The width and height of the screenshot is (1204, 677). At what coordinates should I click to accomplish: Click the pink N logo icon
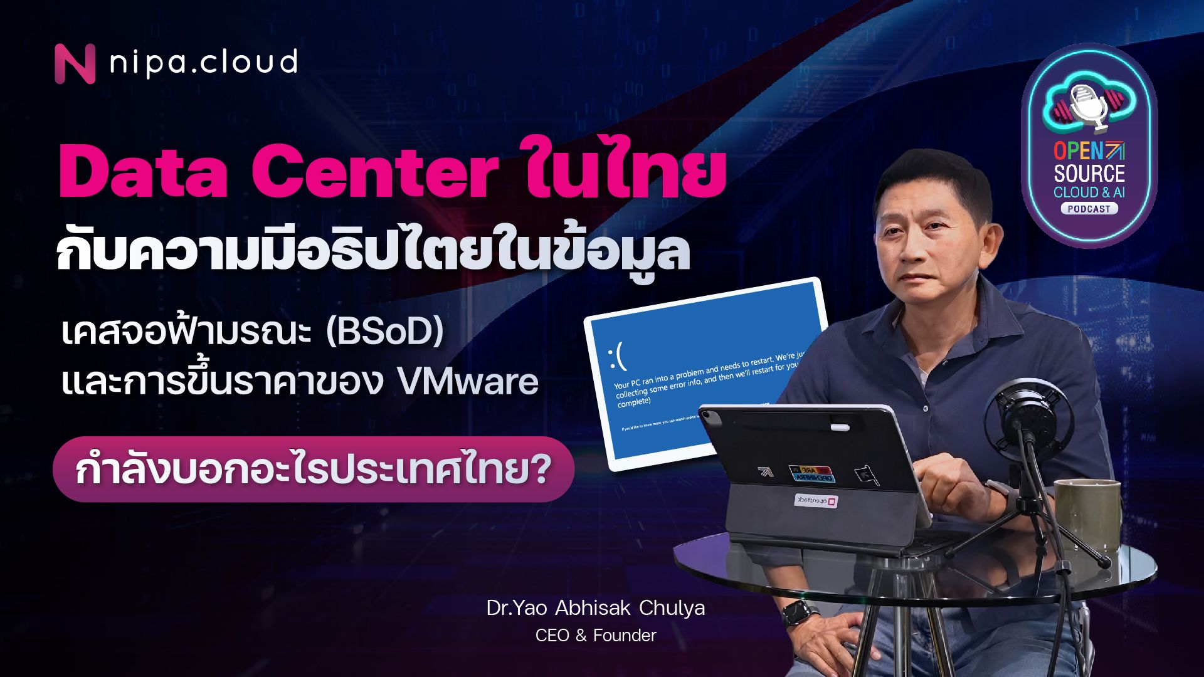pos(75,63)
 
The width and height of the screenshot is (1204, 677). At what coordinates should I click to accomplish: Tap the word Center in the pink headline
pos(374,171)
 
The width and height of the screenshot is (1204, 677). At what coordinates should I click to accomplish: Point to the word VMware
pos(468,382)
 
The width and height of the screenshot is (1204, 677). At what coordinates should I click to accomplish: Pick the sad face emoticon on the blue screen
pos(617,357)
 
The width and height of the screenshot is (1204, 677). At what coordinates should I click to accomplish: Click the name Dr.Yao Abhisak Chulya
pos(595,608)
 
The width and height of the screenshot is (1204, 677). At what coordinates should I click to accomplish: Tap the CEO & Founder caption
pos(595,636)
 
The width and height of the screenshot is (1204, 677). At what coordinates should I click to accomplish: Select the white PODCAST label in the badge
pos(1089,209)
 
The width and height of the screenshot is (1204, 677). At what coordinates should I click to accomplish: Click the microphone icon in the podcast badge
pos(1089,107)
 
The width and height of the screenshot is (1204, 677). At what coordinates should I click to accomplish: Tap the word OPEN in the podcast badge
pos(1078,151)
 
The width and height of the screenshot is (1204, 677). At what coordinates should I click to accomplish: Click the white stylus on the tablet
pos(840,428)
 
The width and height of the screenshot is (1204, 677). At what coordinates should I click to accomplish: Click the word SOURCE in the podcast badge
pos(1089,173)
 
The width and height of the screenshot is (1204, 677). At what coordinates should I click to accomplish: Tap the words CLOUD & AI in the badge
pos(1089,192)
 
